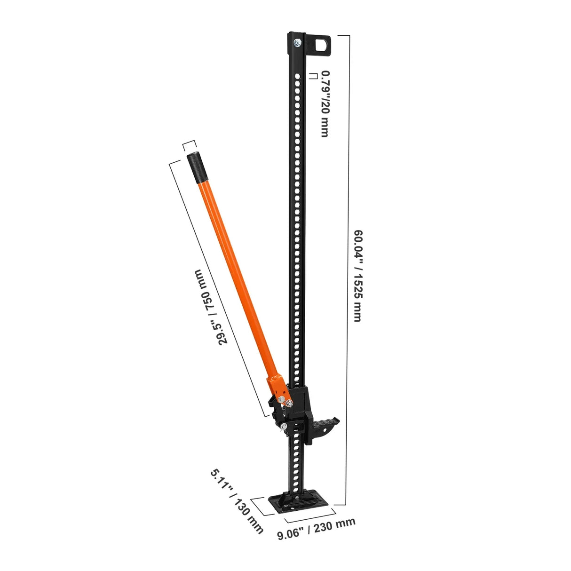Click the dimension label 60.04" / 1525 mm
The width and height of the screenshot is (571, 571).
(357, 276)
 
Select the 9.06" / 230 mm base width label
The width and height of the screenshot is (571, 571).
(316, 529)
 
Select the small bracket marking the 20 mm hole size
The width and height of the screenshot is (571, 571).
(313, 76)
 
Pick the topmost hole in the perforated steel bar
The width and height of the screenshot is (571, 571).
(297, 74)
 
